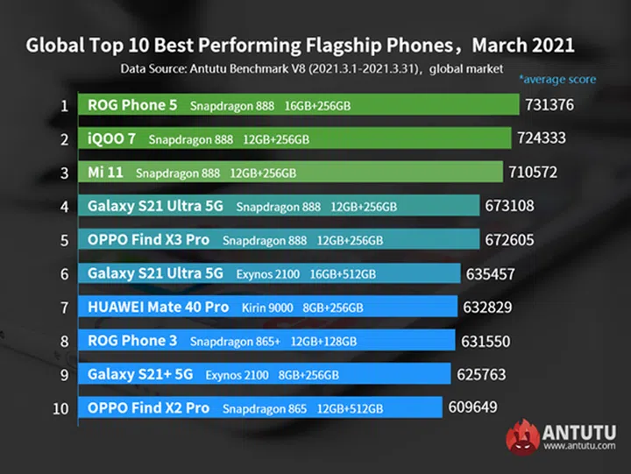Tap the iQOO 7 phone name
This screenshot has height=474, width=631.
(112, 139)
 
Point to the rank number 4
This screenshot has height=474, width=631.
(64, 207)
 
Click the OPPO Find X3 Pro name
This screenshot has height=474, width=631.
(149, 240)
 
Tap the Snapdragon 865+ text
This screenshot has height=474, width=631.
(235, 341)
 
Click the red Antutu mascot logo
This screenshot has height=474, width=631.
(522, 435)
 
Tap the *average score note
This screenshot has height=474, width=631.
(557, 80)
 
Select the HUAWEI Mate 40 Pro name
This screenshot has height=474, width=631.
(158, 308)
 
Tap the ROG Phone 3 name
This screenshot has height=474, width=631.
(131, 341)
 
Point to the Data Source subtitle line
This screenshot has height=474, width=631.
(312, 68)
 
